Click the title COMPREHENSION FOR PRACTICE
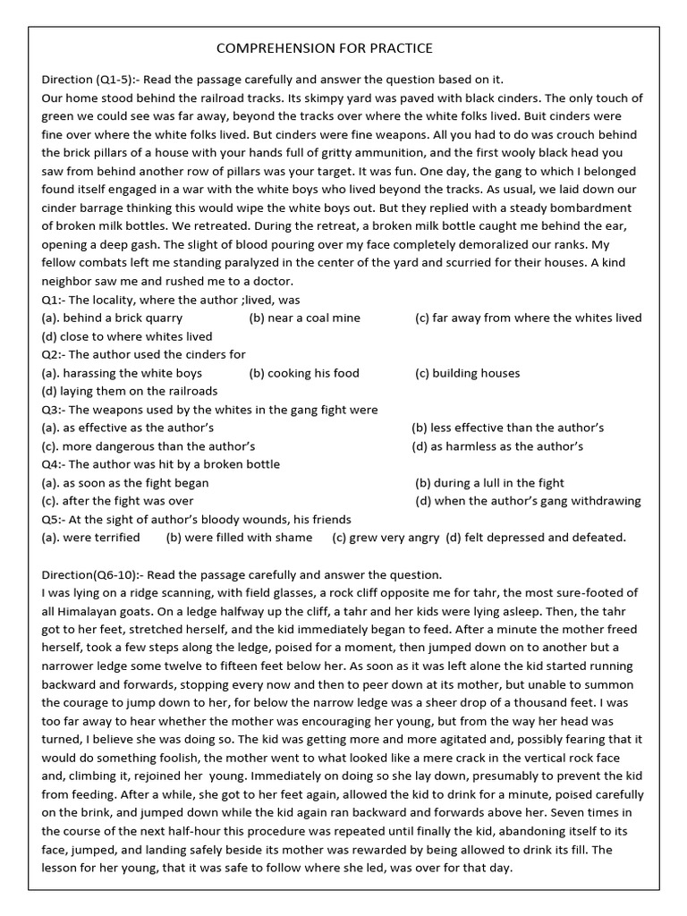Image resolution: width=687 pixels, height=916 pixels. (325, 48)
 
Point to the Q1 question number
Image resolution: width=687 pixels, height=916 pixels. (52, 300)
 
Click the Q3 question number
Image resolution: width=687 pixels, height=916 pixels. (52, 410)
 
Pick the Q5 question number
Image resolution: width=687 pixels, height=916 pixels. (52, 519)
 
